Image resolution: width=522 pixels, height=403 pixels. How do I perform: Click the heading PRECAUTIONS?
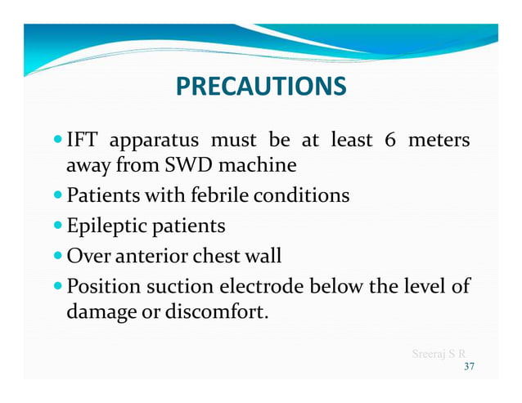point(261,86)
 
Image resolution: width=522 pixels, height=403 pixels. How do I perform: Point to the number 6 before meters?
point(390,141)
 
